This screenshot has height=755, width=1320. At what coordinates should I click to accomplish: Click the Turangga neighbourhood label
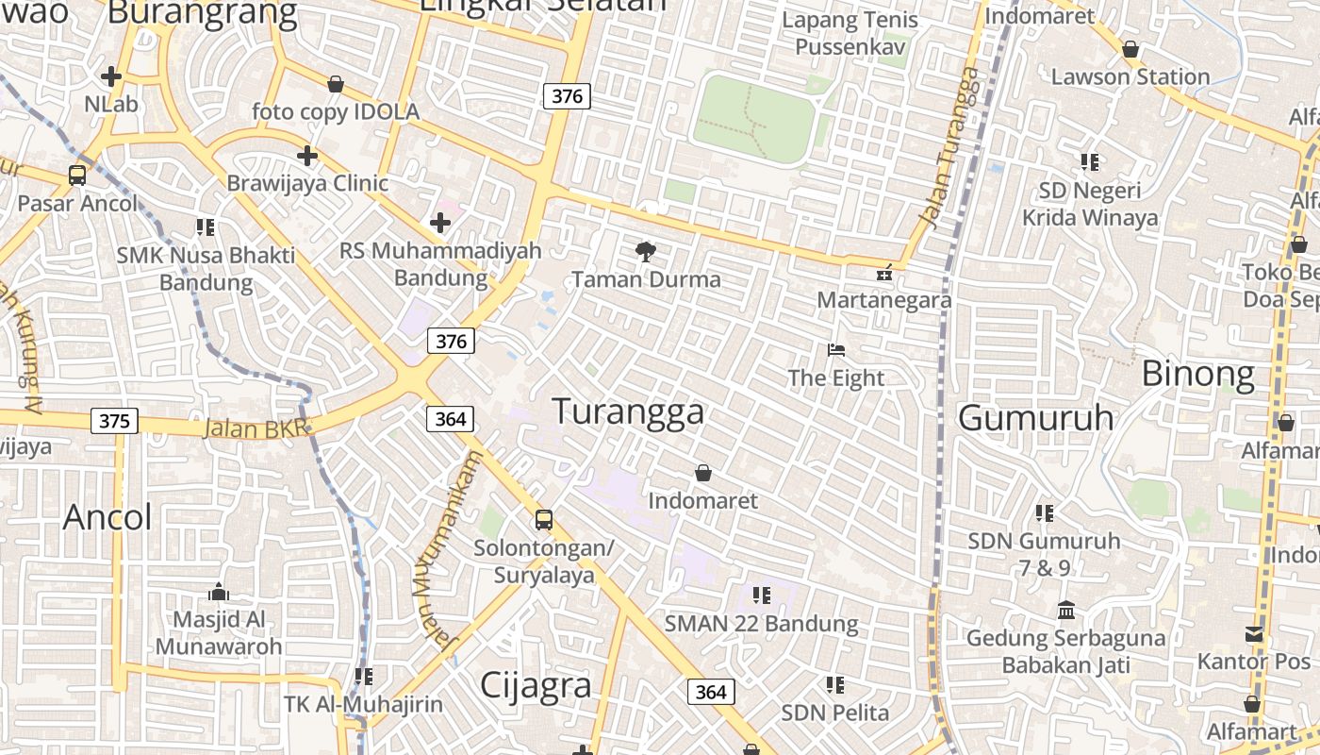628,412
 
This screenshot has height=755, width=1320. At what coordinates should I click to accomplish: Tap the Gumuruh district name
1035,417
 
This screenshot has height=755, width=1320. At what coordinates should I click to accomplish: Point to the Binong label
1197,375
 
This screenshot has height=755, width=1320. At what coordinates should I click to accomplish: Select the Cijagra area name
536,686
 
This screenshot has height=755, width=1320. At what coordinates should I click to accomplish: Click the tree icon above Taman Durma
646,252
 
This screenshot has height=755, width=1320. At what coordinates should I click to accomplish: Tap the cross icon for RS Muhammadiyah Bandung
439,224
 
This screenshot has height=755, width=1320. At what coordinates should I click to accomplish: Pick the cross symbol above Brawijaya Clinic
307,156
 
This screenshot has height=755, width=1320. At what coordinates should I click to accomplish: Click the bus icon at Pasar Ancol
77,176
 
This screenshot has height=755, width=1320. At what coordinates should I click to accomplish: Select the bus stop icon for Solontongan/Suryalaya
544,520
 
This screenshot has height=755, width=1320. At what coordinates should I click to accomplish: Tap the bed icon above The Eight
835,350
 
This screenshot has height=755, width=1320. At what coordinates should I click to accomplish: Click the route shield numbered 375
114,421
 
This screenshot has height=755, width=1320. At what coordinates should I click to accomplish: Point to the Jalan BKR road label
256,428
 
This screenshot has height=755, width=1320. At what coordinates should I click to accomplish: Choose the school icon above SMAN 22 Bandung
762,596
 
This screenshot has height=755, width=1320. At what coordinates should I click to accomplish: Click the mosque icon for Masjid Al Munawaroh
219,592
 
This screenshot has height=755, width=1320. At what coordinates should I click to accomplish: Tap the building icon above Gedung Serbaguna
1066,611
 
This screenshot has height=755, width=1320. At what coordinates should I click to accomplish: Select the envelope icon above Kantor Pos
1254,634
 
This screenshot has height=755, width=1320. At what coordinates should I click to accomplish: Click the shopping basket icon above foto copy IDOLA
335,85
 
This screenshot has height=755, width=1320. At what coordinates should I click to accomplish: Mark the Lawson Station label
1130,76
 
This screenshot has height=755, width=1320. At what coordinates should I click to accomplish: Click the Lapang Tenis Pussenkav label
850,33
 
